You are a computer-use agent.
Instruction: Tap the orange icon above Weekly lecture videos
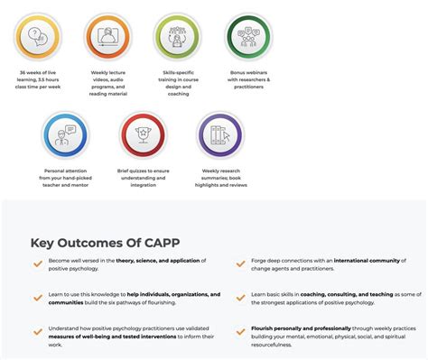pyautogui.click(x=108, y=37)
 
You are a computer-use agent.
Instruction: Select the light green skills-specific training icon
pyautogui.click(x=177, y=37)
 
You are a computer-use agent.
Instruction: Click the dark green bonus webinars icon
pyautogui.click(x=247, y=37)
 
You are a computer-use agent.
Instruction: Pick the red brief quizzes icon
pyautogui.click(x=143, y=135)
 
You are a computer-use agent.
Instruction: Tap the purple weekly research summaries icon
pyautogui.click(x=219, y=135)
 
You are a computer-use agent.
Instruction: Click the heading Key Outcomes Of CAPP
pyautogui.click(x=99, y=241)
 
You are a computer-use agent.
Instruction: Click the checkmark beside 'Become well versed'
pyautogui.click(x=37, y=263)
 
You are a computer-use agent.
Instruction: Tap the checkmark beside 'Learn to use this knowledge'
pyautogui.click(x=37, y=297)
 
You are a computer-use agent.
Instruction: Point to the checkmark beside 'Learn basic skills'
pyautogui.click(x=240, y=297)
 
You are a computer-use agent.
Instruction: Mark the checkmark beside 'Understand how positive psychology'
pyautogui.click(x=37, y=331)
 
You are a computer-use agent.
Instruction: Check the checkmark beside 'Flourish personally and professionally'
pyautogui.click(x=240, y=331)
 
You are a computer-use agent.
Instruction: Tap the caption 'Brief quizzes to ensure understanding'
pyautogui.click(x=143, y=174)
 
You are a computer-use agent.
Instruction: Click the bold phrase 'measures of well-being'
pyautogui.click(x=75, y=337)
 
